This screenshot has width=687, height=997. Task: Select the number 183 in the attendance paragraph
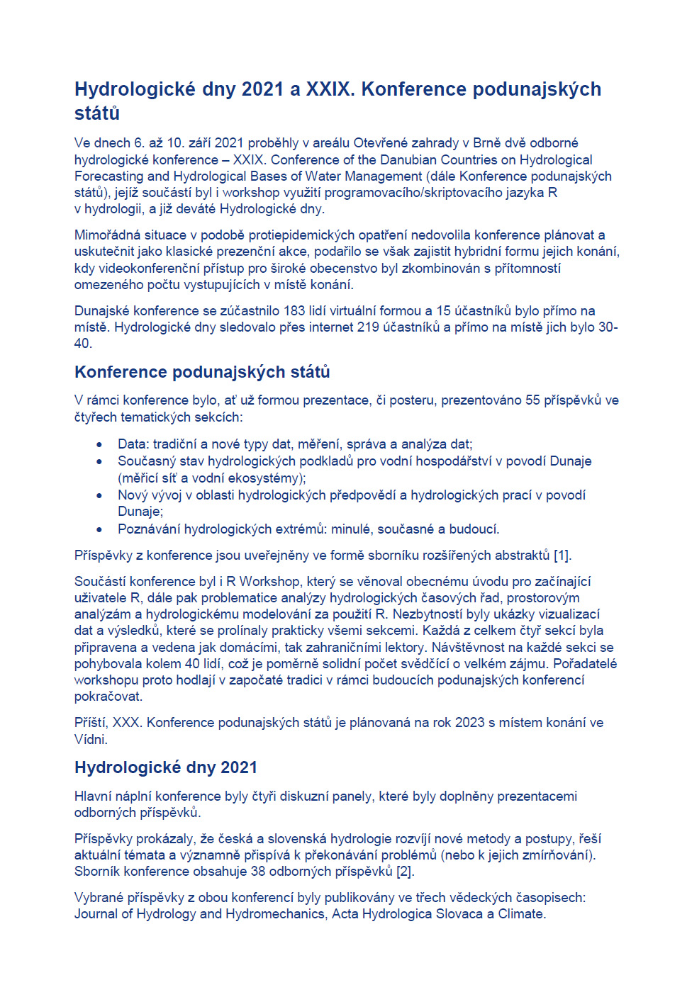coord(294,310)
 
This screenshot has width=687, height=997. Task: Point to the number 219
coord(368,327)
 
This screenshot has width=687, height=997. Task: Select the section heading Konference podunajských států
coord(202,372)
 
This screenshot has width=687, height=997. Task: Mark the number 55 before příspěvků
coord(532,400)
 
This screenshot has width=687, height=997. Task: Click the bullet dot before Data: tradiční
coord(99,445)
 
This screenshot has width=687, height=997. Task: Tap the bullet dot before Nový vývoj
coord(99,495)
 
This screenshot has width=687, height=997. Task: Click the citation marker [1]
coord(562,555)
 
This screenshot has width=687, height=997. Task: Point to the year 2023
coord(469,722)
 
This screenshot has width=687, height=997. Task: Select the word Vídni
coord(91,739)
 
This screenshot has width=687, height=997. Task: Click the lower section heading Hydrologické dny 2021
coord(166,767)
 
